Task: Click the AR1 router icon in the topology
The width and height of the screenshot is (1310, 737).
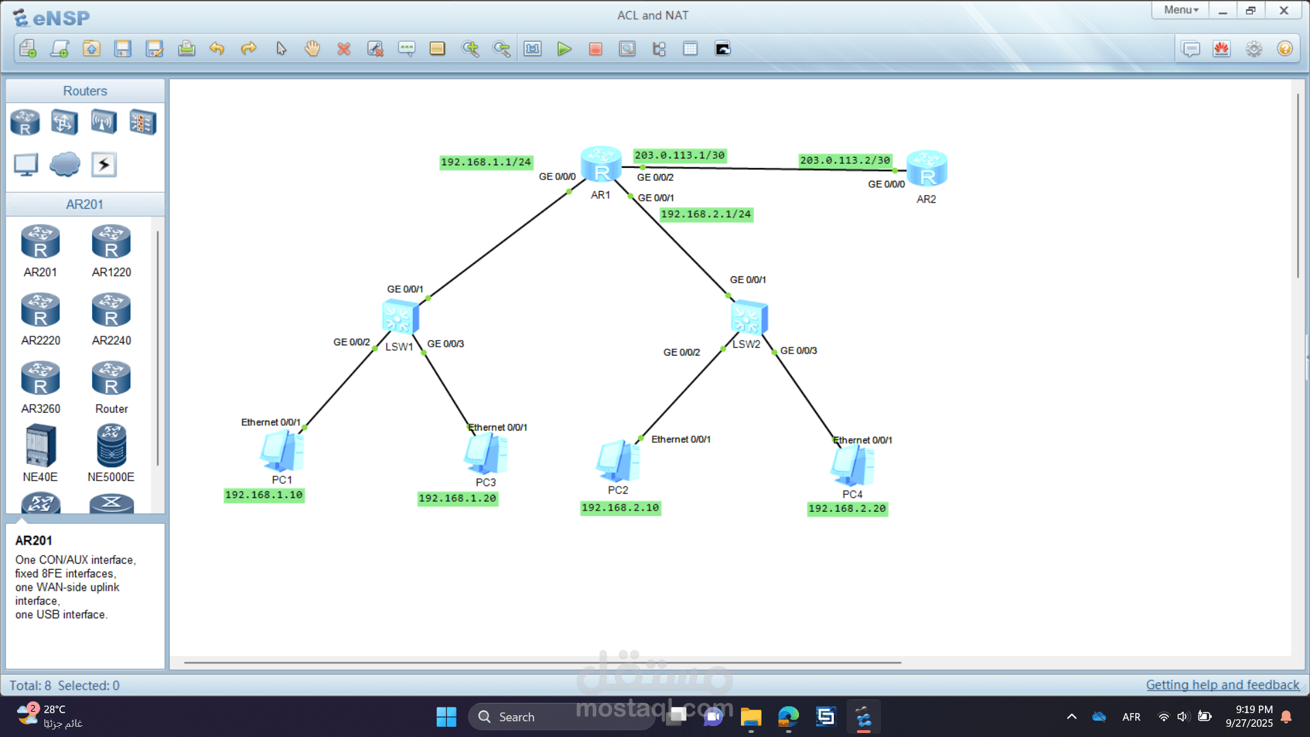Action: click(600, 164)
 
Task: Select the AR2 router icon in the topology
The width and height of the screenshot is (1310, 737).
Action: click(927, 169)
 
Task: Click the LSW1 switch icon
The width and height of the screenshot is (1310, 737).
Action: click(400, 317)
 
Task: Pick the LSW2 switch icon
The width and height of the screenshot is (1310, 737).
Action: click(748, 317)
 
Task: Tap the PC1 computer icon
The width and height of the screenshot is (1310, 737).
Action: click(282, 452)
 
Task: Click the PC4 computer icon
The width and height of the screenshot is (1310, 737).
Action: click(852, 465)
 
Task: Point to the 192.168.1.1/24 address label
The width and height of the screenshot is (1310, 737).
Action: click(485, 162)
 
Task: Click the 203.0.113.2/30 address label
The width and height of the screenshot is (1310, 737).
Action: click(845, 160)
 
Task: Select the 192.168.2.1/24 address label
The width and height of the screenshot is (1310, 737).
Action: click(705, 214)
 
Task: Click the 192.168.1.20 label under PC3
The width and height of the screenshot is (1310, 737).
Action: click(457, 499)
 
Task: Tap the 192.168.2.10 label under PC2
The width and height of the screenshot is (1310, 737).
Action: click(620, 508)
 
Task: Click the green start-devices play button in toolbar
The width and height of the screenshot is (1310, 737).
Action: click(564, 49)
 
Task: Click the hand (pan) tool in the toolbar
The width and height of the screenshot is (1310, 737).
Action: click(312, 49)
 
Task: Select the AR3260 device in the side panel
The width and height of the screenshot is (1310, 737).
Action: click(40, 379)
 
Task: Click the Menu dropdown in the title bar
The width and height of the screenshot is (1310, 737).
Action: click(1180, 10)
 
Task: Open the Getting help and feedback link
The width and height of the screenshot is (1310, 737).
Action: click(1222, 685)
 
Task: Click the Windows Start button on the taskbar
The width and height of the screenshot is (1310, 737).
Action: click(446, 717)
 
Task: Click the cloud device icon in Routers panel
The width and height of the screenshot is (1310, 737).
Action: click(65, 164)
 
